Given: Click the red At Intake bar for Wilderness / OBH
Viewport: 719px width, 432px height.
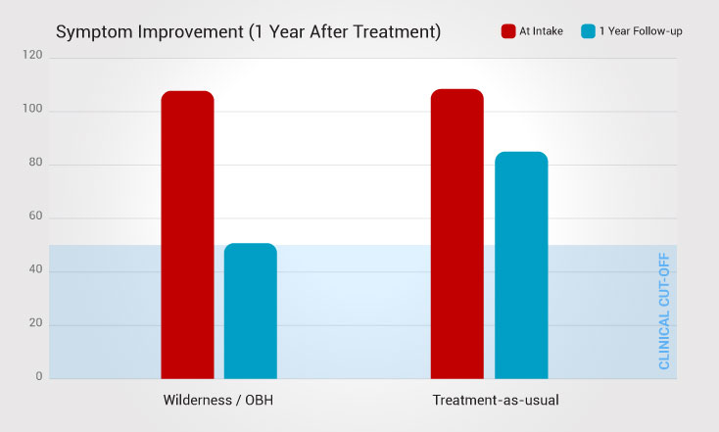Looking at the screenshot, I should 187,234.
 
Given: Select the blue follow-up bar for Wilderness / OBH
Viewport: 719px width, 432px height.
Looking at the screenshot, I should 251,311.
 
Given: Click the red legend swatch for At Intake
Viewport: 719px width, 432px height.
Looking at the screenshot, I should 508,31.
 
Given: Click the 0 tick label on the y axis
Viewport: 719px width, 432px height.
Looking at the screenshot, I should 38,376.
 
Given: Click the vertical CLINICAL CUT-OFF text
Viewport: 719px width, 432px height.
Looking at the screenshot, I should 664,311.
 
